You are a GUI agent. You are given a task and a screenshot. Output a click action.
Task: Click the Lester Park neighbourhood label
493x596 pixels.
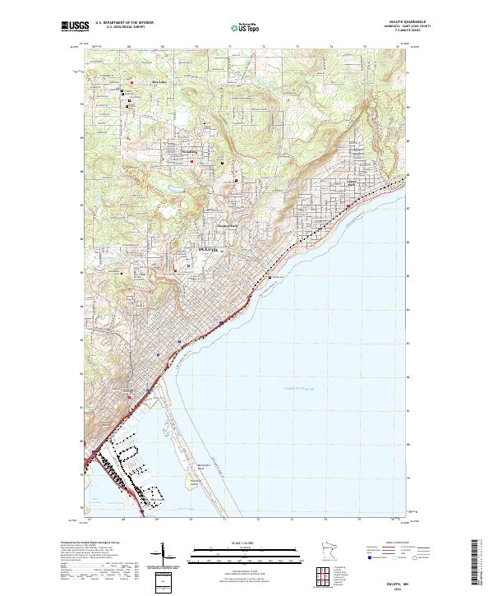[x=353, y=185]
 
